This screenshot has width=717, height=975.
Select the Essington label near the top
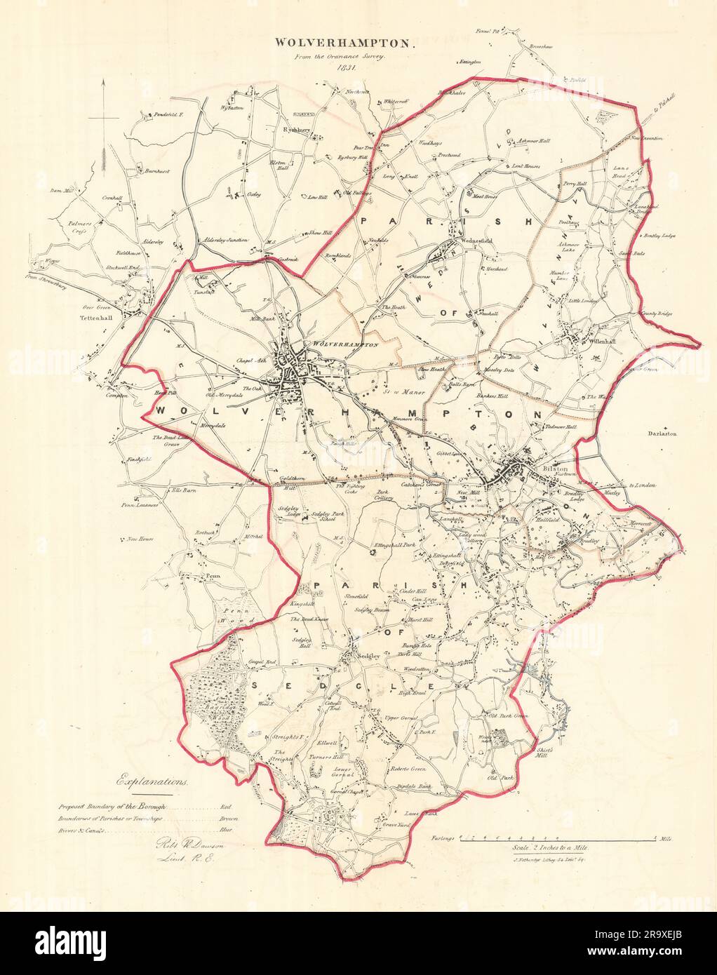(469, 62)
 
